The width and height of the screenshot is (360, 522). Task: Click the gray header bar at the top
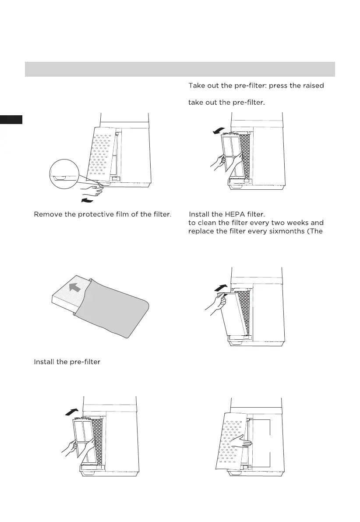point(180,69)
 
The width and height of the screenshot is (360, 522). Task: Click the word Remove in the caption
point(47,214)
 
